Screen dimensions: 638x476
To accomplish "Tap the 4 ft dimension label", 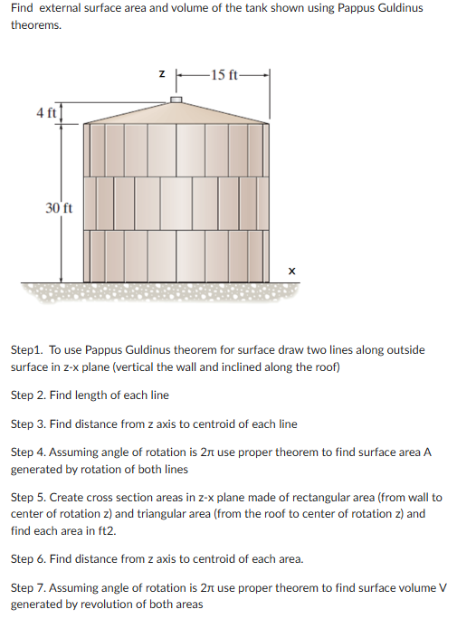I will coord(45,113).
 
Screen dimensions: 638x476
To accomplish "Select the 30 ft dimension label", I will coord(59,208).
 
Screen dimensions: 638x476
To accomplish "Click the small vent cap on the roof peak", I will coord(176,98).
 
